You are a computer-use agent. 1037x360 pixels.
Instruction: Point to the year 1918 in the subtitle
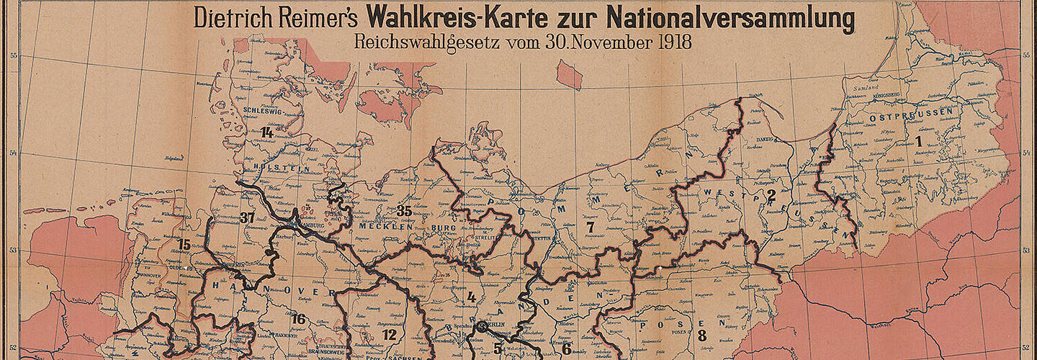(674, 42)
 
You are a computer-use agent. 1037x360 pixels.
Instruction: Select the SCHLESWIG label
(261, 111)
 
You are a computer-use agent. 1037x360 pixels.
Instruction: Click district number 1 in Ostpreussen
(919, 142)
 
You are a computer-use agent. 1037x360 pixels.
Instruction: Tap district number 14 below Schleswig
(267, 132)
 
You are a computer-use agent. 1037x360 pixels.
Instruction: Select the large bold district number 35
(404, 210)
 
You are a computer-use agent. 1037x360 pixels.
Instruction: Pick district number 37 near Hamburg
(248, 217)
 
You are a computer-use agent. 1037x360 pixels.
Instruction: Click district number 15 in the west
(184, 245)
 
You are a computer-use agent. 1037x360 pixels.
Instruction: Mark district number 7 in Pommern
(590, 228)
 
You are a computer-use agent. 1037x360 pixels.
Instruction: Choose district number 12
(390, 335)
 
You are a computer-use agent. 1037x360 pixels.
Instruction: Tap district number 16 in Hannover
(298, 319)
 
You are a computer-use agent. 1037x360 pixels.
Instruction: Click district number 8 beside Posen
(701, 335)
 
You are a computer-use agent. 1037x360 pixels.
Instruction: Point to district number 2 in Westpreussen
(771, 194)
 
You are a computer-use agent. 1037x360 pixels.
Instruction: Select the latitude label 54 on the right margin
(1026, 153)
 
